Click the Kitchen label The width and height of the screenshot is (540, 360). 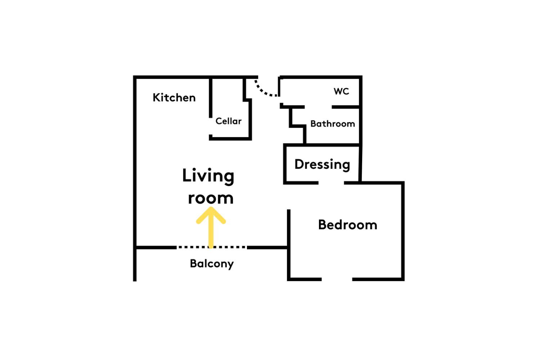[174, 98]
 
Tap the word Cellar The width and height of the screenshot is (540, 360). [228, 121]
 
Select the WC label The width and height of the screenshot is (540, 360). [341, 91]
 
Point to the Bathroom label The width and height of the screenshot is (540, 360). [333, 124]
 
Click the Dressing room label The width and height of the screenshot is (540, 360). [322, 165]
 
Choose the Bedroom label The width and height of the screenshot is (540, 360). [348, 225]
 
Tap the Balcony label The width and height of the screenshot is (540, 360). [212, 264]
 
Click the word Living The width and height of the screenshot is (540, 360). [208, 176]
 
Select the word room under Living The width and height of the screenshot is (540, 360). [211, 198]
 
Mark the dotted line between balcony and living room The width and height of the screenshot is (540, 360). [212, 247]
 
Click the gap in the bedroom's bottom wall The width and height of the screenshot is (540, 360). [337, 279]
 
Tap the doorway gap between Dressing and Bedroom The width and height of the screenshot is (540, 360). [331, 183]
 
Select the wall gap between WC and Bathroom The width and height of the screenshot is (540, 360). [318, 107]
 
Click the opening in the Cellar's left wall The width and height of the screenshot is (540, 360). [211, 126]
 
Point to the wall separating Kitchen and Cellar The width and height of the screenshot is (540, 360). [211, 98]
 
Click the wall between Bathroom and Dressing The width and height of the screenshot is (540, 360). [323, 145]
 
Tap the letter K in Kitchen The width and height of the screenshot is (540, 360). [157, 98]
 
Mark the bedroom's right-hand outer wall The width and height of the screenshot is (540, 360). [402, 231]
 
